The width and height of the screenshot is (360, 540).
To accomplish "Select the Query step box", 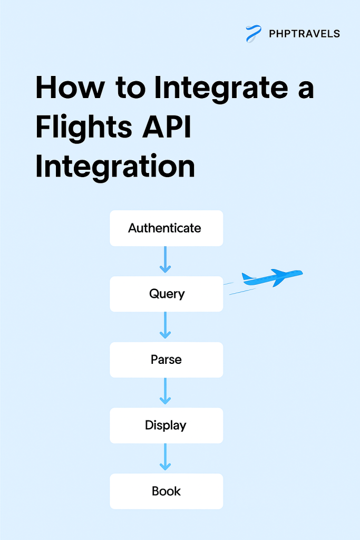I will tap(166, 294).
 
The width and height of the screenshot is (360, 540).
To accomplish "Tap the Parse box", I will tap(166, 360).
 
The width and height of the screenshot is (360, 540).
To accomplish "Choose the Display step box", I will tap(166, 425).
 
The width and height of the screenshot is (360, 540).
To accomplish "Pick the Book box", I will tap(166, 491).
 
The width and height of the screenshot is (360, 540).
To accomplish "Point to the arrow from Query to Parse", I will tap(166, 325).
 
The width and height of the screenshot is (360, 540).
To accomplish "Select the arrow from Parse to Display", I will tap(166, 391).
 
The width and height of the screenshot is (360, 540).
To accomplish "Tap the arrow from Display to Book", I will tap(166, 457).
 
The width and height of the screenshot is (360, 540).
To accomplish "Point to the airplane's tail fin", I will tap(246, 276).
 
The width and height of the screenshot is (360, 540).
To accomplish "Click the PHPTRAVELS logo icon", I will tap(254, 34).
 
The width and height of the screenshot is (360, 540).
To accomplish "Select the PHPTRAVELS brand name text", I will tap(304, 34).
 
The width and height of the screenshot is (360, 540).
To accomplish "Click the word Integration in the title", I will tap(115, 168).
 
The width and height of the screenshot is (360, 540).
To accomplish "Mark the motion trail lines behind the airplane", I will tap(235, 288).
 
